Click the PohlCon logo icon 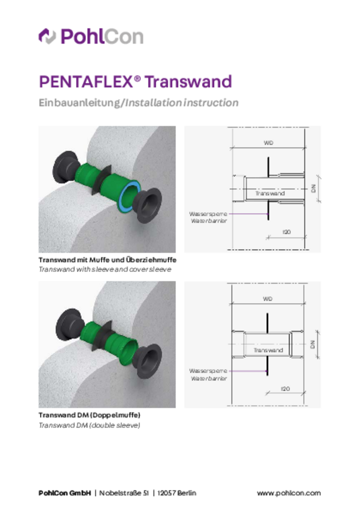click(x=47, y=36)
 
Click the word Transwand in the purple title click(x=188, y=82)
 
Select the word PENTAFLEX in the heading click(x=86, y=82)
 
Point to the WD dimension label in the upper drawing click(x=268, y=143)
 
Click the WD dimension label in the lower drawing click(x=268, y=299)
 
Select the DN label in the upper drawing click(x=314, y=189)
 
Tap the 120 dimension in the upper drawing click(x=286, y=232)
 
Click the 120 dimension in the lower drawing click(x=286, y=389)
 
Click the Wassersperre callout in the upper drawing click(x=208, y=214)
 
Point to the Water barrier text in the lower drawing click(x=209, y=378)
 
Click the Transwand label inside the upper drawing click(x=270, y=193)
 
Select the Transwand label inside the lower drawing click(x=268, y=350)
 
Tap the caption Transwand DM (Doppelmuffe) click(x=89, y=415)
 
